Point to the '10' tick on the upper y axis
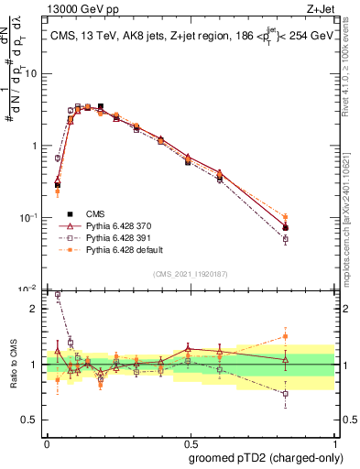30,73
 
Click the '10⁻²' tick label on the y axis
28,289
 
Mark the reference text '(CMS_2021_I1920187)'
191,274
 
